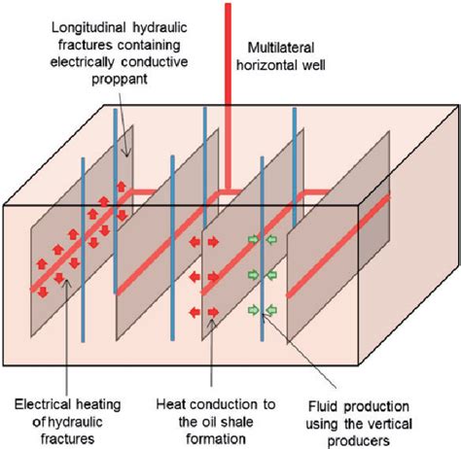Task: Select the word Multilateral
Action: coord(288,48)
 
